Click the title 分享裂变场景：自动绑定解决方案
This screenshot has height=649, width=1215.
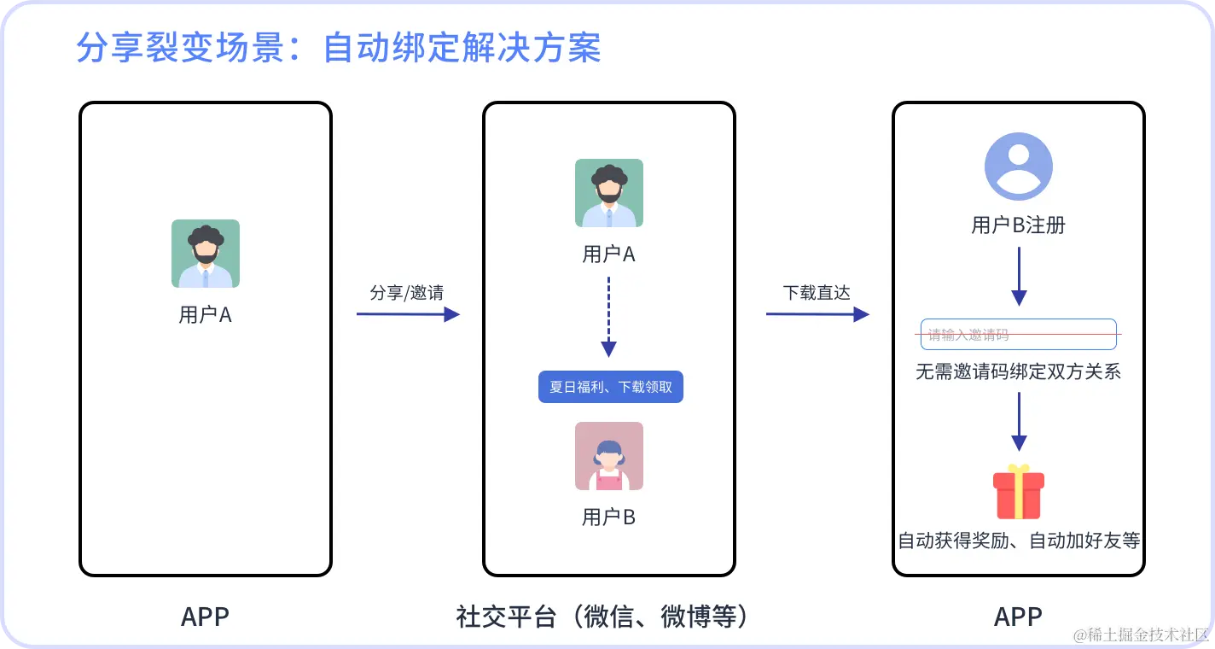tap(339, 48)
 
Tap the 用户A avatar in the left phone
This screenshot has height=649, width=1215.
tap(205, 254)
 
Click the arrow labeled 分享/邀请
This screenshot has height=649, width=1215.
tap(408, 314)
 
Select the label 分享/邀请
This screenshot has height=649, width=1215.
tap(406, 293)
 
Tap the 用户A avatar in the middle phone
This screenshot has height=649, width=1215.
tap(608, 193)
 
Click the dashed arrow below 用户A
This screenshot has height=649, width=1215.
tap(608, 316)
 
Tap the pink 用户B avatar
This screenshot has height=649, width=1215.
tap(608, 456)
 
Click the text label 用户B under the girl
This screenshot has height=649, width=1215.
tap(608, 517)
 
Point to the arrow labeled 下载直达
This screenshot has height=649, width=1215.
tap(817, 314)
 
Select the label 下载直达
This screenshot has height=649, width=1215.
tap(817, 293)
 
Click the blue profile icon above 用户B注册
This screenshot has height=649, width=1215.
tap(1018, 167)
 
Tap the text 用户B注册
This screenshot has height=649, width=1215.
tap(1018, 225)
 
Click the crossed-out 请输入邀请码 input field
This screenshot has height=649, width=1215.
tap(1018, 334)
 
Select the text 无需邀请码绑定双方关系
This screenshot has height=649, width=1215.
tap(1018, 372)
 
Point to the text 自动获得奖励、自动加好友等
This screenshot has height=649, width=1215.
tap(1018, 541)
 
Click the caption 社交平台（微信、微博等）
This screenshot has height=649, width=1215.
tap(607, 617)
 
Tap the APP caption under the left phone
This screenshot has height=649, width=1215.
tap(205, 617)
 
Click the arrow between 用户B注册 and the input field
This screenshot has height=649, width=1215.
tap(1018, 277)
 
